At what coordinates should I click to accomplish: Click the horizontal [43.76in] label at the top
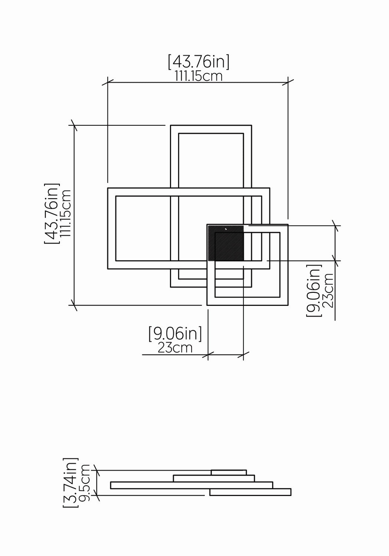point(199,63)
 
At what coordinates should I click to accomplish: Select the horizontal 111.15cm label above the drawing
point(199,76)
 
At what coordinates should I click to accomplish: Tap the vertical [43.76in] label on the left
point(52,214)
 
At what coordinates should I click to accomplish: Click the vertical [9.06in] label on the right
point(314,290)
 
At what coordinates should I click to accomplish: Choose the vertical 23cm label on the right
point(328,290)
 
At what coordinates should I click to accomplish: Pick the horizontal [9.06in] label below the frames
point(175,334)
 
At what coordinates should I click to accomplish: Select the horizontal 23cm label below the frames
point(175,348)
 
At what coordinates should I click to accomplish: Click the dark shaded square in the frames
point(226,243)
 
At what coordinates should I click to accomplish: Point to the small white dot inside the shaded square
point(226,229)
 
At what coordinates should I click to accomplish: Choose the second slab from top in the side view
point(214,479)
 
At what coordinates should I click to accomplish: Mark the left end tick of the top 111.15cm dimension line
point(108,82)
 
